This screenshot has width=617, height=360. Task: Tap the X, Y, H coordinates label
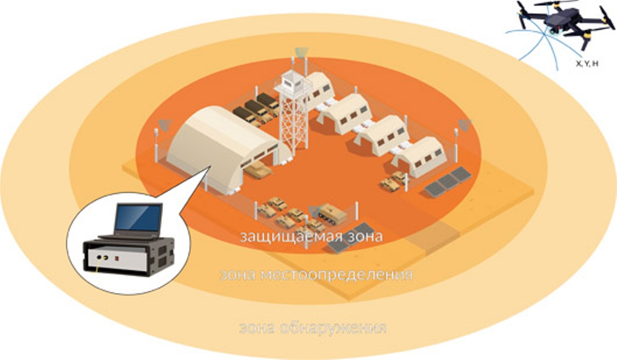[x=587, y=63]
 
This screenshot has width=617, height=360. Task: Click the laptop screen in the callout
[x=138, y=218]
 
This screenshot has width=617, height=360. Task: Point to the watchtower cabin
[x=293, y=82]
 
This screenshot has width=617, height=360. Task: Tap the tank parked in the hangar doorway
[x=258, y=170]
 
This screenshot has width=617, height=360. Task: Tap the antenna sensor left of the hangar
[x=165, y=125]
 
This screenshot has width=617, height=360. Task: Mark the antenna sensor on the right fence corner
[x=465, y=125]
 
